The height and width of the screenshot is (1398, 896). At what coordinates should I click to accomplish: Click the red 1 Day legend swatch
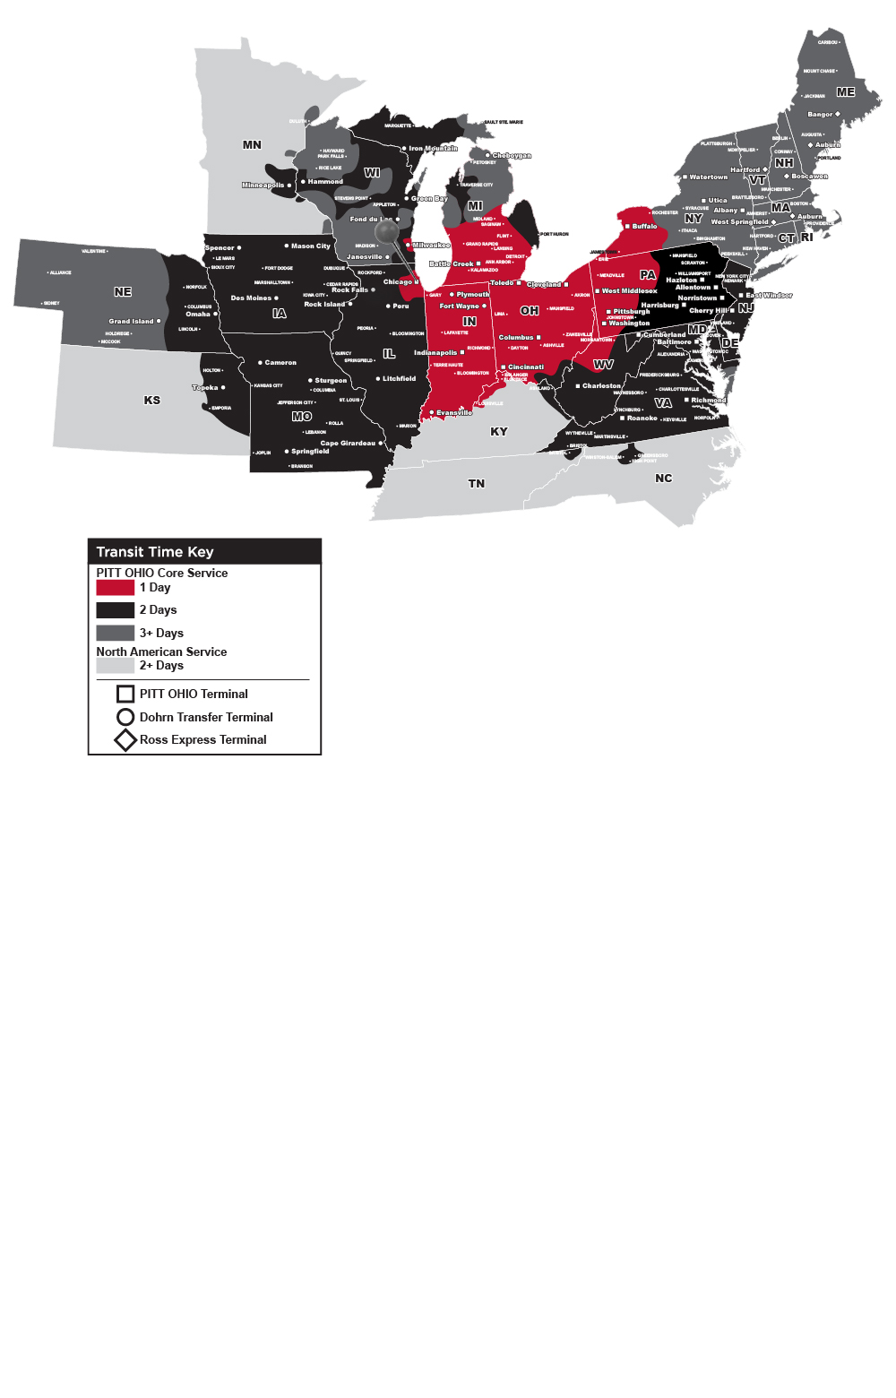115,588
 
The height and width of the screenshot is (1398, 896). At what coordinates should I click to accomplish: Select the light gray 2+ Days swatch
115,666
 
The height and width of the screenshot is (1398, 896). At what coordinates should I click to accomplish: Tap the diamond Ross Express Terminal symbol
125,740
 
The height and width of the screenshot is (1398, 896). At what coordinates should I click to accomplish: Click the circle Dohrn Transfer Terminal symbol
125,717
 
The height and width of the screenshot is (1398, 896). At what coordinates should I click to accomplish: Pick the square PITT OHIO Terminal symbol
125,694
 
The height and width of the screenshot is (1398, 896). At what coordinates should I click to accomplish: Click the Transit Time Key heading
155,552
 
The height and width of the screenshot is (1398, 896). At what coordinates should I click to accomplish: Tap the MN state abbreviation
252,144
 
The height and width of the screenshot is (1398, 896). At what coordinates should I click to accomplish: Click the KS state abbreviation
152,401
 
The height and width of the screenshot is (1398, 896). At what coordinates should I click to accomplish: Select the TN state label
477,484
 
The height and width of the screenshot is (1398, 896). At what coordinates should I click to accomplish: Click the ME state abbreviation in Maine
845,92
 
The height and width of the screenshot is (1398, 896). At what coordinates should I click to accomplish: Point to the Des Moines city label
251,298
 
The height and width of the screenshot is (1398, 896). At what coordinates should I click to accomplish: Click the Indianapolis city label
435,353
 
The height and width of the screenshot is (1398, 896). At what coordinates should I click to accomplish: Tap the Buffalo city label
644,227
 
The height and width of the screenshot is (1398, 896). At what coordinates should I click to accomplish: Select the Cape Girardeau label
348,444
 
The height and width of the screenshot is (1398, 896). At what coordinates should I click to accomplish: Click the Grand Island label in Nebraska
132,321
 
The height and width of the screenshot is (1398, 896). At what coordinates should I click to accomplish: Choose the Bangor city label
820,115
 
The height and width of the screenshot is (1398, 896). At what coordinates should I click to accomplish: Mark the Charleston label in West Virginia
601,386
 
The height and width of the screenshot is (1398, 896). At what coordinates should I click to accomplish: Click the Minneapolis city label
263,186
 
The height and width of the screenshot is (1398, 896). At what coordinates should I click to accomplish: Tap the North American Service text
161,652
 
